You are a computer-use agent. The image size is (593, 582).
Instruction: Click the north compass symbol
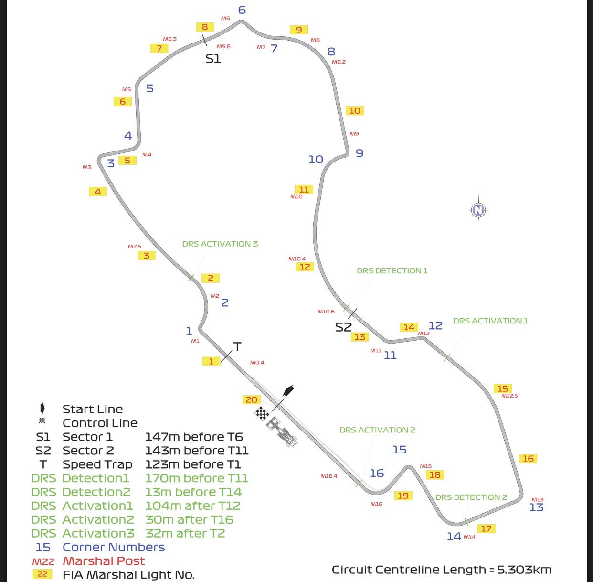click(x=478, y=209)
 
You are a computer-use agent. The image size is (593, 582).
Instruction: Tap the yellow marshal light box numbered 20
click(x=251, y=399)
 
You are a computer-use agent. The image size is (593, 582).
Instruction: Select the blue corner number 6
click(x=242, y=10)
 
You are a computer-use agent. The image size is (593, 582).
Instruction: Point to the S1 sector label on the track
click(x=213, y=59)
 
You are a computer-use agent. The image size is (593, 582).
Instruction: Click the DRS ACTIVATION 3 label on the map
click(x=220, y=244)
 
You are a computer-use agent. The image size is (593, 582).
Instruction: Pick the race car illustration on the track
click(x=282, y=431)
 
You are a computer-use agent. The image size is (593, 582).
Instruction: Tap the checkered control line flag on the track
click(x=262, y=413)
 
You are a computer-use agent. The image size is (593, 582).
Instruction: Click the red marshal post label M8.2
click(x=339, y=62)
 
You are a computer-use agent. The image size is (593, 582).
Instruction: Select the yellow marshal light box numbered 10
click(x=355, y=111)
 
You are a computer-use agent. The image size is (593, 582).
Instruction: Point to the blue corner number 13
click(x=536, y=507)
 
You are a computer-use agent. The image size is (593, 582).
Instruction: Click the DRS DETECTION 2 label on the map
click(x=471, y=497)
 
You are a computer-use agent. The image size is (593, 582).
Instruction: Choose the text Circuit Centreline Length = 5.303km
click(x=442, y=570)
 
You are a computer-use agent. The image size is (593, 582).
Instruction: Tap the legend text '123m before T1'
click(x=193, y=464)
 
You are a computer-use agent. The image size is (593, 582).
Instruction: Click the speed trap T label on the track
click(x=237, y=346)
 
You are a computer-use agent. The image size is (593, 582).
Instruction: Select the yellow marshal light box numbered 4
click(x=97, y=192)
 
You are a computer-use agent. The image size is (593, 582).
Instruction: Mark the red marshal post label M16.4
click(x=328, y=476)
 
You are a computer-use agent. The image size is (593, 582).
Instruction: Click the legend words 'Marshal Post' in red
click(x=104, y=561)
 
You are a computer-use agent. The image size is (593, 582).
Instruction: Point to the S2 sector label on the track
click(x=343, y=327)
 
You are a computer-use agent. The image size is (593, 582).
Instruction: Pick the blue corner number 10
click(x=316, y=159)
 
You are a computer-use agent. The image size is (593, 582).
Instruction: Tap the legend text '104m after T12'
click(x=193, y=506)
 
